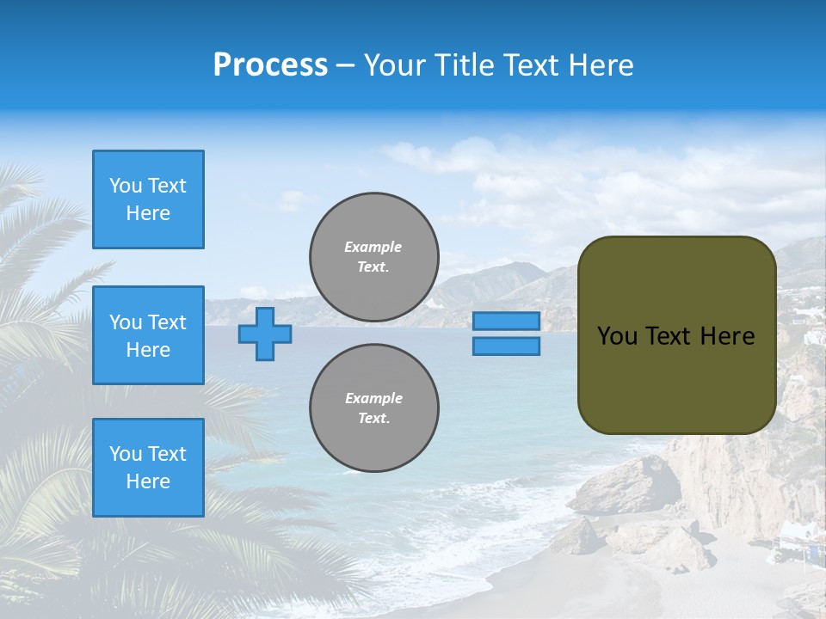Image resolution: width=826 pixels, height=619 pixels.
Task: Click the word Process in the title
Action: click(x=270, y=65)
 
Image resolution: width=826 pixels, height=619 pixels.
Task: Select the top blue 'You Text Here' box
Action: click(x=148, y=199)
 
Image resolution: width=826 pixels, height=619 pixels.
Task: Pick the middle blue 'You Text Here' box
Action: click(x=148, y=335)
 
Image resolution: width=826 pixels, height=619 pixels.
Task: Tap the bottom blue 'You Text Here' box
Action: click(x=148, y=468)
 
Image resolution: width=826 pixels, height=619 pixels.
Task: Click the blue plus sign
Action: click(x=264, y=334)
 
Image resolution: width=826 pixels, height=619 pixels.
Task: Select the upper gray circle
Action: click(x=373, y=256)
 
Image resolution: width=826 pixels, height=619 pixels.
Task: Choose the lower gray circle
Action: click(x=373, y=408)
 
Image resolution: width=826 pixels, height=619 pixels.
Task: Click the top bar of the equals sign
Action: click(x=506, y=321)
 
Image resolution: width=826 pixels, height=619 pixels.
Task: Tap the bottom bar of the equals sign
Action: click(x=506, y=346)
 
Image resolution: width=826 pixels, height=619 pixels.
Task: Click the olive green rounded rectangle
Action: click(x=676, y=378)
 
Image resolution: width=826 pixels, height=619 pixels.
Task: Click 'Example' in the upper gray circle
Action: click(x=373, y=247)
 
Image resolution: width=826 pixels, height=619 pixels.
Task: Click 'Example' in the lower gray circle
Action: click(x=373, y=398)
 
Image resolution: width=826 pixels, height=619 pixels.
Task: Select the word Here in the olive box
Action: click(x=728, y=336)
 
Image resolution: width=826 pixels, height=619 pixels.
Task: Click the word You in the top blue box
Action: click(x=125, y=186)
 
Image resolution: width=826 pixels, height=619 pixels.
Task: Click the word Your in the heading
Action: click(x=394, y=65)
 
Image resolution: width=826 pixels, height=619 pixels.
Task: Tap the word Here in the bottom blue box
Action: click(x=148, y=481)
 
